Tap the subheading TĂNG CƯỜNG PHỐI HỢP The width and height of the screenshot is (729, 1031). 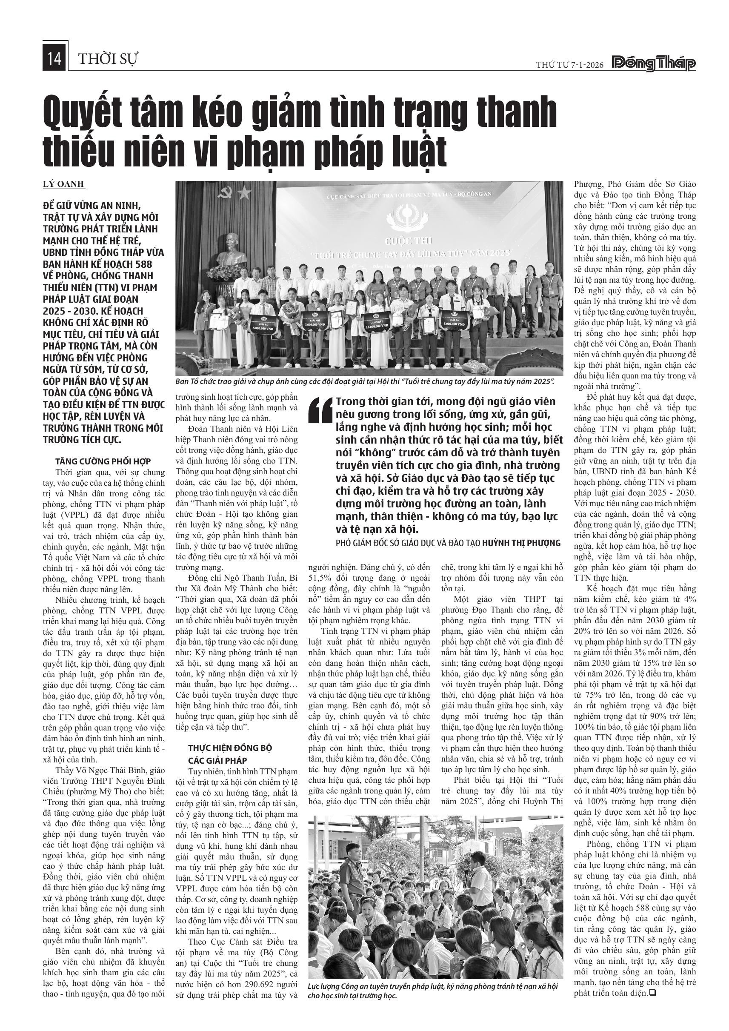tap(103, 461)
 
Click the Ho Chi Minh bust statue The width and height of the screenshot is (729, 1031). tap(231, 252)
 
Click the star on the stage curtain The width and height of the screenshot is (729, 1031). tap(245, 193)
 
